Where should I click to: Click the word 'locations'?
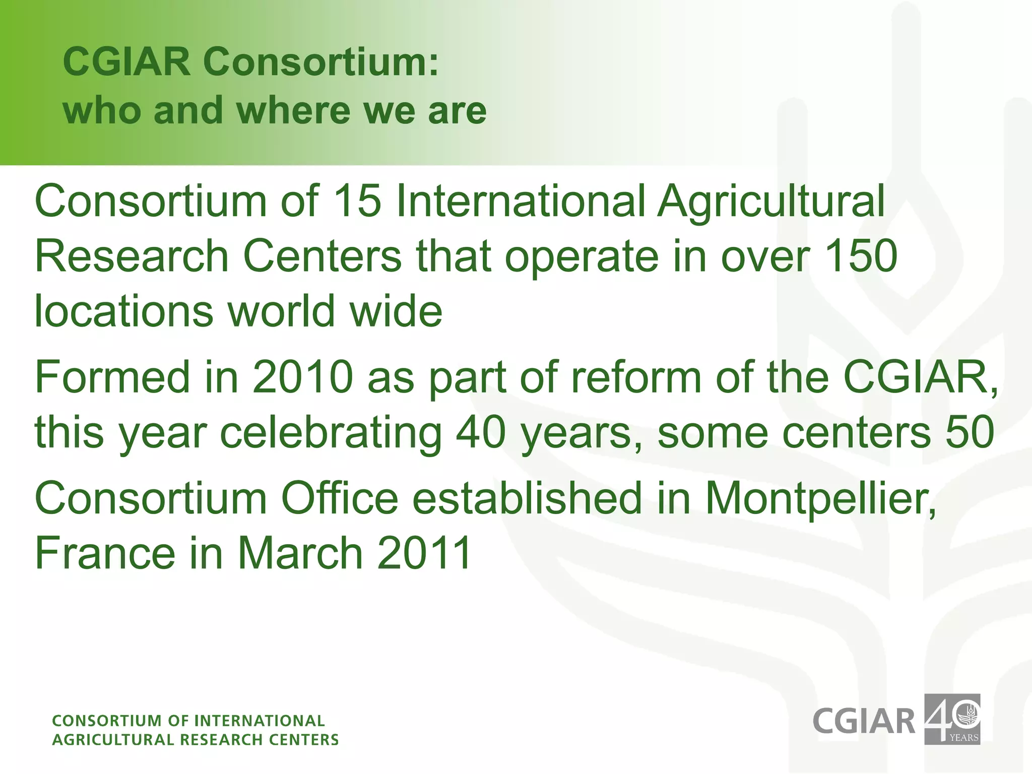pyautogui.click(x=124, y=311)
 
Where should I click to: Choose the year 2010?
pyautogui.click(x=303, y=377)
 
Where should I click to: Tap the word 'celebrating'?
pyautogui.click(x=331, y=433)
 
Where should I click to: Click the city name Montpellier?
pyautogui.click(x=820, y=499)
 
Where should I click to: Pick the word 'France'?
pyautogui.click(x=105, y=553)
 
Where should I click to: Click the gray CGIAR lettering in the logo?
pyautogui.click(x=864, y=721)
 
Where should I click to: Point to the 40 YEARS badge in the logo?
pyautogui.click(x=952, y=719)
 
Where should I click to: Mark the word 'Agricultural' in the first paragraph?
pyautogui.click(x=770, y=201)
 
